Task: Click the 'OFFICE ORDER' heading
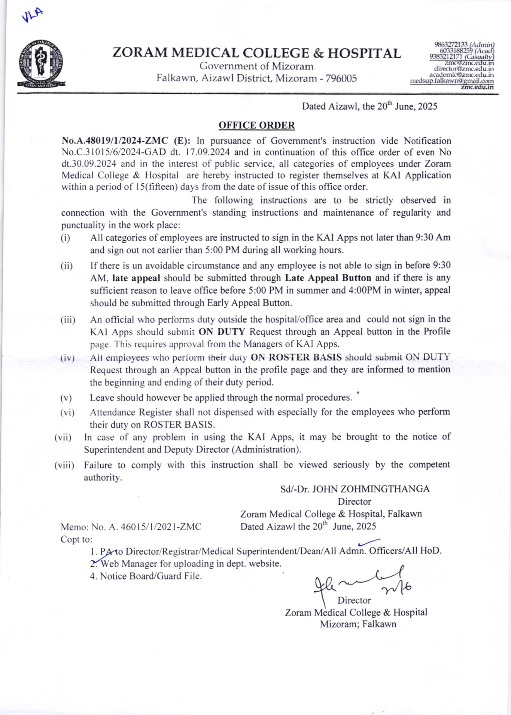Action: click(257, 125)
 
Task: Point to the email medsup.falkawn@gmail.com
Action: click(452, 81)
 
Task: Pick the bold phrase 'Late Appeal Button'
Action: click(328, 278)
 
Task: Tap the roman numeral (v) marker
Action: click(66, 398)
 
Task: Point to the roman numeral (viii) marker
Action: click(64, 465)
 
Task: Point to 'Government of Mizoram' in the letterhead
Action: click(257, 66)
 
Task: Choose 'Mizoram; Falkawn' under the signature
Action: click(358, 624)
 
